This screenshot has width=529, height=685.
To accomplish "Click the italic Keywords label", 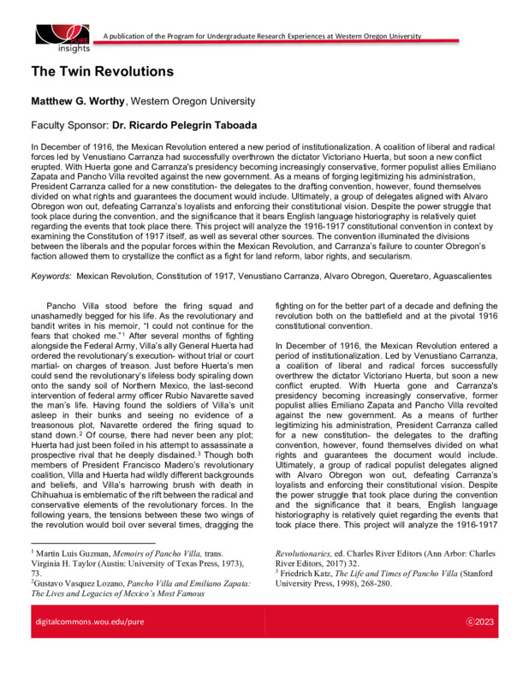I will point(51,277).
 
